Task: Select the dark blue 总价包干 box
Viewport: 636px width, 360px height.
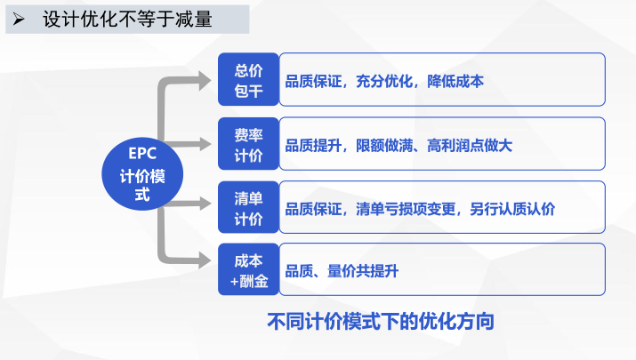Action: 248,80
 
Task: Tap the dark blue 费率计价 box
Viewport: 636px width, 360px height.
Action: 248,144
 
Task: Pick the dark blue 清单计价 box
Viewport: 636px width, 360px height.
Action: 248,208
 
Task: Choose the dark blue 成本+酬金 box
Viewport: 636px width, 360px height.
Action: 248,270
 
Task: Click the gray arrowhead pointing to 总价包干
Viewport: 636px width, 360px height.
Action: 205,80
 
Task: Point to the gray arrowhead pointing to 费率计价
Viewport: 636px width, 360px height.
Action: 205,143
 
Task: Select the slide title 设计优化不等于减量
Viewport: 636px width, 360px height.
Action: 128,19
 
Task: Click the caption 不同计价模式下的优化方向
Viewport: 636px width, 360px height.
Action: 380,321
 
